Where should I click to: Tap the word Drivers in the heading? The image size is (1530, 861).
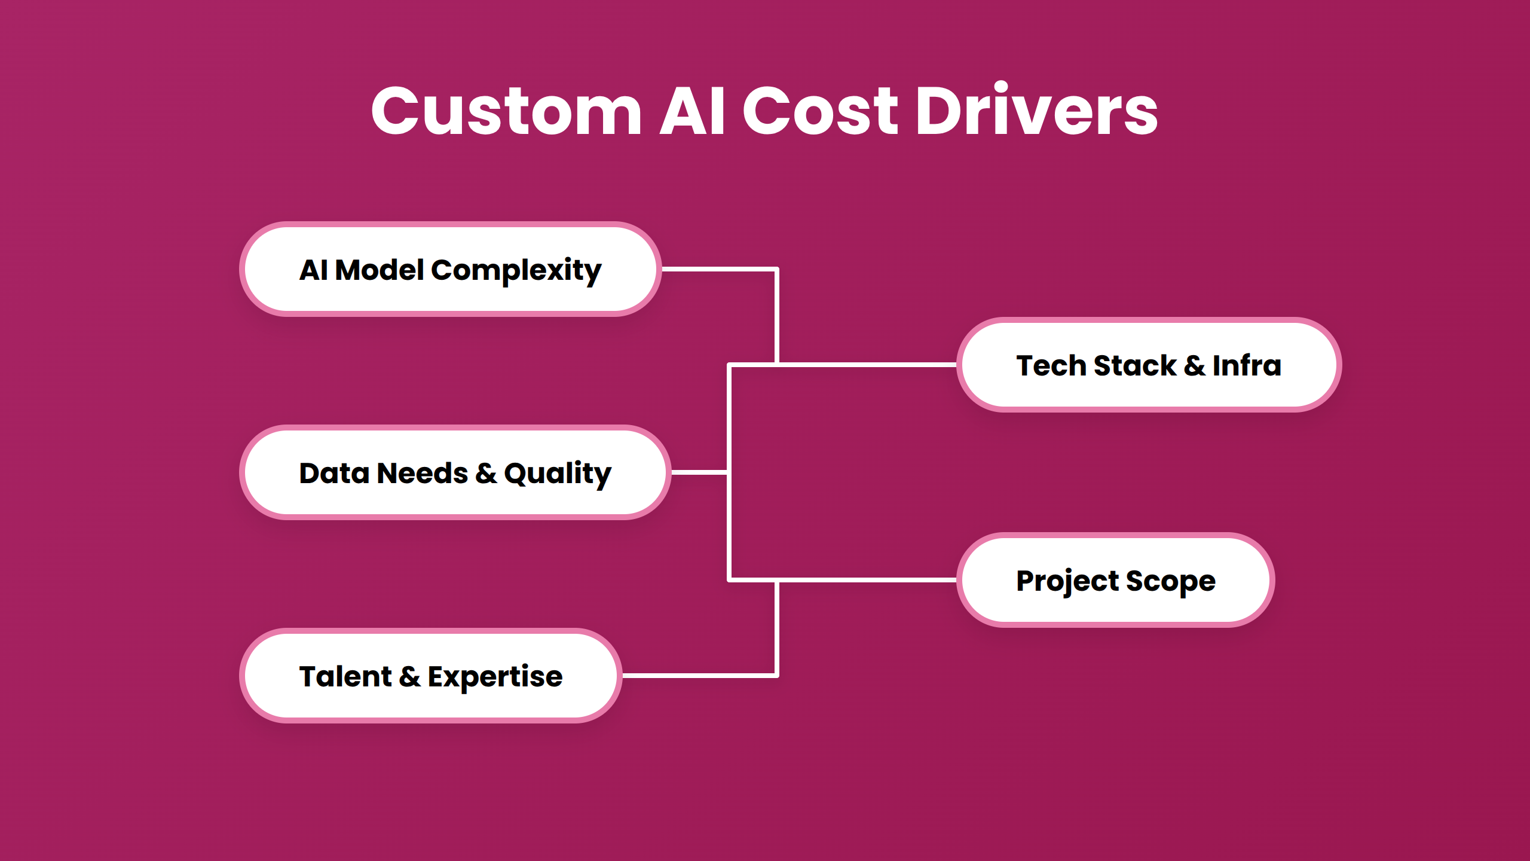1037,112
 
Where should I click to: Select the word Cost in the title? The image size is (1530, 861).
820,112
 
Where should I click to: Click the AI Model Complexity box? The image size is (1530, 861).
450,270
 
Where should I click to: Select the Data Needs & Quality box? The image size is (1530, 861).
455,473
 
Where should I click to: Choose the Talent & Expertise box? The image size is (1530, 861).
430,676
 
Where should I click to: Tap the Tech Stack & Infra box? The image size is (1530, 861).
1148,365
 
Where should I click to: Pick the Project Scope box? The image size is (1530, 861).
1115,581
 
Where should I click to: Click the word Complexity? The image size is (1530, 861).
516,271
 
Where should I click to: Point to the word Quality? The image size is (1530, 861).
558,474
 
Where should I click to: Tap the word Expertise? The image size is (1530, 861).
495,677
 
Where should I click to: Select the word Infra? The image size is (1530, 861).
1247,365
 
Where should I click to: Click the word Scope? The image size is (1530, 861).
1170,582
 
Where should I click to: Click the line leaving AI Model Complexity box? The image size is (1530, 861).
717,270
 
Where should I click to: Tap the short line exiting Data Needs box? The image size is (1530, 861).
698,472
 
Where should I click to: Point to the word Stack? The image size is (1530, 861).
1134,365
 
